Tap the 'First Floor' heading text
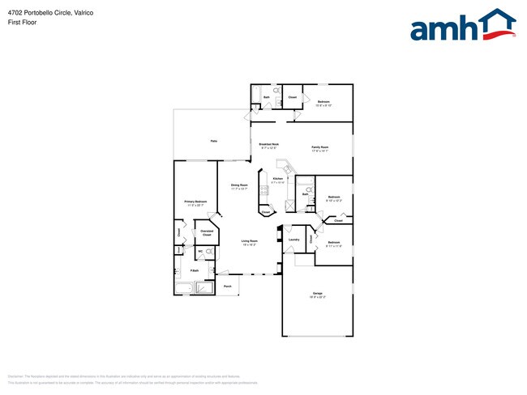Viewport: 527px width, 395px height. [x=22, y=23]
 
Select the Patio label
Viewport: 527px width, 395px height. [x=214, y=141]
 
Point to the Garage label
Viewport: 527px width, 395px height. [x=318, y=293]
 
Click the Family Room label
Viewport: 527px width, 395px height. [x=319, y=147]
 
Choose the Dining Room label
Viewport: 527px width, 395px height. [x=238, y=186]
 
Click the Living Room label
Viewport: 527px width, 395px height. [x=249, y=241]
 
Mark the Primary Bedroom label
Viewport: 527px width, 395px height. [x=195, y=202]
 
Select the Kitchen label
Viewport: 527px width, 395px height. [x=278, y=178]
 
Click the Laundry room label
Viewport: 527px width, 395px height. [x=293, y=240]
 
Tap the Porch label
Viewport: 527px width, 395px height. [x=228, y=286]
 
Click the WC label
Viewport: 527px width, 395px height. [x=200, y=252]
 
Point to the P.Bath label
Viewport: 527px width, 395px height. [x=195, y=270]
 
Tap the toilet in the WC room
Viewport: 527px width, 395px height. [x=209, y=253]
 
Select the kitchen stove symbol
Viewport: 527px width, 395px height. [x=263, y=191]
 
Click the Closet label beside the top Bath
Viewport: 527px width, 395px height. [x=293, y=98]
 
